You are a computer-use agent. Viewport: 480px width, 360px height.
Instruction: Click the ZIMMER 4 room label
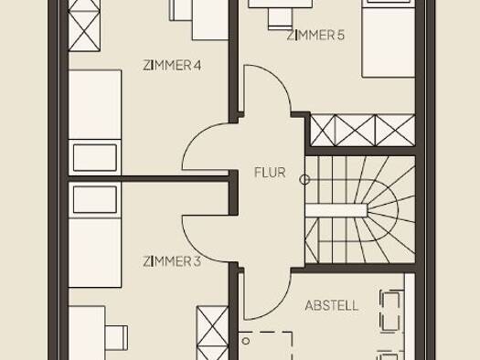[172, 66]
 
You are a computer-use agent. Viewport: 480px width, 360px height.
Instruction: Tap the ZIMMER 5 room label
[315, 36]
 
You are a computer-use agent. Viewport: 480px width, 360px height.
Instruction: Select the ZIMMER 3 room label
[172, 261]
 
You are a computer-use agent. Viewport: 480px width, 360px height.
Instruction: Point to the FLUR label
[270, 173]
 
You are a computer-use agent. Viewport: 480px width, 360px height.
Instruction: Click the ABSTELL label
[332, 305]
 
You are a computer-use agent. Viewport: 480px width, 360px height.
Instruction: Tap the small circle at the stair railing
[304, 180]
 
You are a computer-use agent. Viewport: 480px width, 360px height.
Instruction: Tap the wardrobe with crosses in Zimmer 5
[363, 130]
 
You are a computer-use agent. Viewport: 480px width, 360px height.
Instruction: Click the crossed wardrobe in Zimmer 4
[84, 26]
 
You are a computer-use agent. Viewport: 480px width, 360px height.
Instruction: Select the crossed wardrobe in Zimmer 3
[212, 333]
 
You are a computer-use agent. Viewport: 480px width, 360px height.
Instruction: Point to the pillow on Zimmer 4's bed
[95, 157]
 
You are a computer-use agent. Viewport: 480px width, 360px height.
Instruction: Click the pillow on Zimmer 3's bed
[95, 199]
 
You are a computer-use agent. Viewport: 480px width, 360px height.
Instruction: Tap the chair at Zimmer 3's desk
[116, 338]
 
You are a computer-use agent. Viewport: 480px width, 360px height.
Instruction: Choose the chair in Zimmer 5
[280, 18]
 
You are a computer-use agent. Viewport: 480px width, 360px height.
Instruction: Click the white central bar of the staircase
[336, 210]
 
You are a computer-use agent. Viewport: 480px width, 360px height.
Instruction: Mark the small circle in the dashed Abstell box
[246, 341]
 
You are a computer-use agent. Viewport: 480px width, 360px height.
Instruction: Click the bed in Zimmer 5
[389, 38]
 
